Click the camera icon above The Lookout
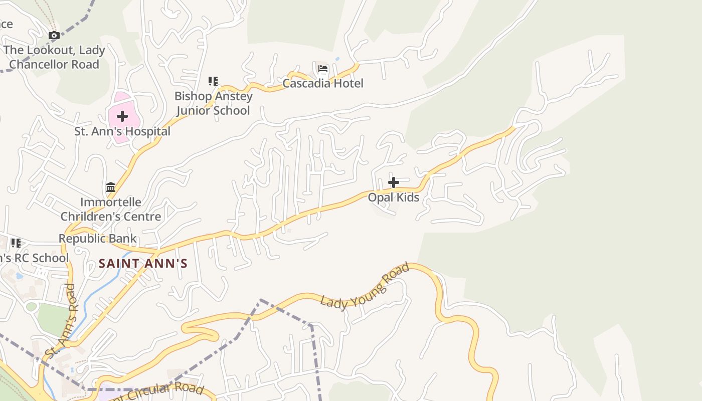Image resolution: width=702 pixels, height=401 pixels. click(54, 36)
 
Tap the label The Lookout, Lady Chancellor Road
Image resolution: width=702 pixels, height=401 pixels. click(54, 57)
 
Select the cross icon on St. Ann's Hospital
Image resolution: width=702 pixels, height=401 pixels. click(122, 117)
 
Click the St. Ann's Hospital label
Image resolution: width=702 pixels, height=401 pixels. click(122, 132)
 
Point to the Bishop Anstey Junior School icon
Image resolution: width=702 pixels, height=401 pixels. click(213, 81)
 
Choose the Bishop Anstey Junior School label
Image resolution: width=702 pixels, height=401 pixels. click(213, 103)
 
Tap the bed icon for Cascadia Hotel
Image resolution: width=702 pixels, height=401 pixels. click(323, 69)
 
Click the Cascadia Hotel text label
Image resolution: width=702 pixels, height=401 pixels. click(323, 83)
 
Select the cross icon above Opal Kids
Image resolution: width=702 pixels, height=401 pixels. click(394, 182)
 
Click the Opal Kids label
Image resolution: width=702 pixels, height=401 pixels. click(394, 197)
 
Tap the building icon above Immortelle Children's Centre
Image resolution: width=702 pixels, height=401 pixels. click(111, 187)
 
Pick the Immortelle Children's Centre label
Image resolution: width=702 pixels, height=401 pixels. click(111, 210)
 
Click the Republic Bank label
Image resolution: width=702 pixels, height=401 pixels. click(97, 239)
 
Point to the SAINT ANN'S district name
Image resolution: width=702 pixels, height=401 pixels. click(143, 263)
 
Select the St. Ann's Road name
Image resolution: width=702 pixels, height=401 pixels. click(60, 321)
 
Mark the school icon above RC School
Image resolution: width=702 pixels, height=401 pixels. click(16, 244)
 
